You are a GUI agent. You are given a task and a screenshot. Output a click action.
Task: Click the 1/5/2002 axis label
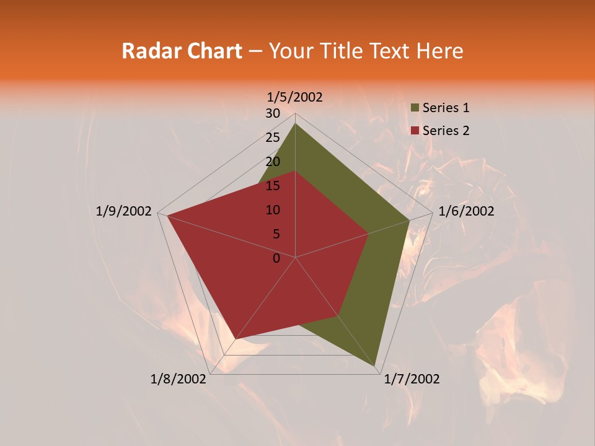tap(295, 97)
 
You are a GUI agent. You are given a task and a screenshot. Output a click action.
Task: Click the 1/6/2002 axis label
tap(466, 211)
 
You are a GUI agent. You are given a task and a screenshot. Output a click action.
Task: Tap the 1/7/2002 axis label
tap(412, 379)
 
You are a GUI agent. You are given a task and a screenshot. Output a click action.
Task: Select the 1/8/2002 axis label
tap(178, 379)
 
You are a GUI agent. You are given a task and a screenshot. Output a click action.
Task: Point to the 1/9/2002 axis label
tap(124, 211)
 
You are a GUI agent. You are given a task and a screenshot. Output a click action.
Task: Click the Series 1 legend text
tap(446, 108)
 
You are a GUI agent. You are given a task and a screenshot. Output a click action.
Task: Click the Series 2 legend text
tap(446, 131)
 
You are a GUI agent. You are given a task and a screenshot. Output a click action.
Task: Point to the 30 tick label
tap(273, 113)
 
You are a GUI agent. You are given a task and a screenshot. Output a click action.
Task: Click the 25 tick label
tap(273, 138)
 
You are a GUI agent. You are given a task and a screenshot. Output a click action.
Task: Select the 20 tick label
tap(273, 162)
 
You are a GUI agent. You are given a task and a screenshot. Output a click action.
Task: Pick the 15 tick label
tap(273, 186)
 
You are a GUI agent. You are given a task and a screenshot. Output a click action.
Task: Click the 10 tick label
tap(273, 210)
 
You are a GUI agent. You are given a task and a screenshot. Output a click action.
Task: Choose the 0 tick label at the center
tap(276, 258)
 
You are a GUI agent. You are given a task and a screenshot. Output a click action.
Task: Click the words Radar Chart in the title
tap(182, 51)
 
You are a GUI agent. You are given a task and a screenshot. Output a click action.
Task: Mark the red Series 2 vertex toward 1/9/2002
tap(167, 216)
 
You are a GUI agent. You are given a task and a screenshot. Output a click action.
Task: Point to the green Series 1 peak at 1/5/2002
tap(295, 124)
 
